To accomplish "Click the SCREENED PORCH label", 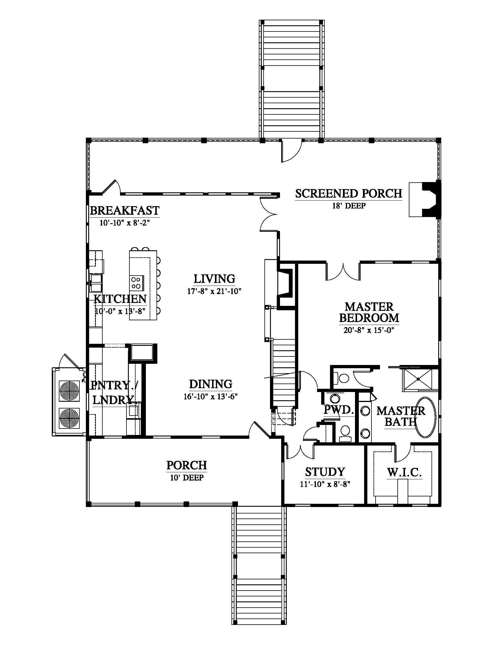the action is [349, 194].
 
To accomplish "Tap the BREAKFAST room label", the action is [124, 211].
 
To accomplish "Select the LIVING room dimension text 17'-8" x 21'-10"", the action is [214, 291].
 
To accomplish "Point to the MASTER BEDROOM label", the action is [369, 312].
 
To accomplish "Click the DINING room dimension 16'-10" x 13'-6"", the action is [211, 396].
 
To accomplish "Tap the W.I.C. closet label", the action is [404, 473].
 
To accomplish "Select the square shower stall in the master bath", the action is [420, 379].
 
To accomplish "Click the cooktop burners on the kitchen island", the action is [136, 283].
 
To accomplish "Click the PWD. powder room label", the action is [339, 410].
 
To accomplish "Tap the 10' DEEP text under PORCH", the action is [186, 478].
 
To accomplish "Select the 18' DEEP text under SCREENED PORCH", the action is [349, 206].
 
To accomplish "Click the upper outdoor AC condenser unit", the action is [69, 391].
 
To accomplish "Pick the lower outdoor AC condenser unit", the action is [69, 418].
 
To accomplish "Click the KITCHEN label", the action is [120, 299].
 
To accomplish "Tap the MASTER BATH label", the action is [401, 416].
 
